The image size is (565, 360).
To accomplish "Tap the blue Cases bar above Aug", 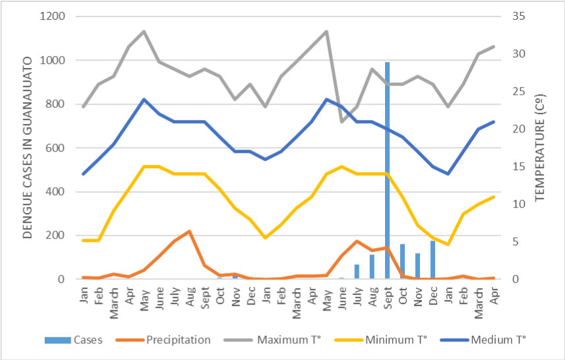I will tap(372, 267).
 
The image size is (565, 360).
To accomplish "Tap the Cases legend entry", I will tap(86, 340).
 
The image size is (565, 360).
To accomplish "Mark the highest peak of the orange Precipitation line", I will tap(189, 231).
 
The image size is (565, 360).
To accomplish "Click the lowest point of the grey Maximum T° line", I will tap(342, 122).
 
